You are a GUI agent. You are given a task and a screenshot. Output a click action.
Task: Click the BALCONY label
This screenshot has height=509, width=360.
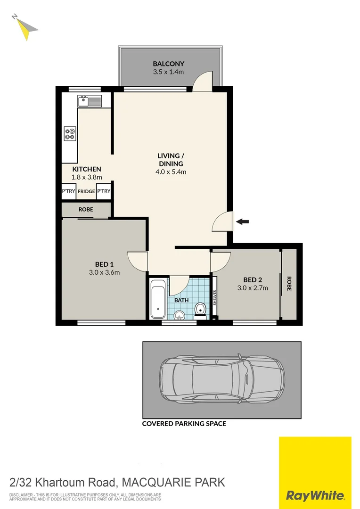[168, 64]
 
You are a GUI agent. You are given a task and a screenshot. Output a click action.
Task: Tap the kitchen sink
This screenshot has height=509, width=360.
[89, 100]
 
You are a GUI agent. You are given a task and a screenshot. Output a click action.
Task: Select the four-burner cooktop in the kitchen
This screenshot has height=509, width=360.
[70, 134]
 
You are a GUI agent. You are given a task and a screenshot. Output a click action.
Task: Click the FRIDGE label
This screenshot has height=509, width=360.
[86, 191]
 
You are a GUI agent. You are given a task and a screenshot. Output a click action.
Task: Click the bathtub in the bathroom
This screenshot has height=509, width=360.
[158, 298]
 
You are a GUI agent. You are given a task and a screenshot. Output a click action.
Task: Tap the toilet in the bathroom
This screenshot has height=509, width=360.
[200, 310]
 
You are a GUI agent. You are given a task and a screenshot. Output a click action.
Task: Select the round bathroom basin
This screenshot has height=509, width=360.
[179, 315]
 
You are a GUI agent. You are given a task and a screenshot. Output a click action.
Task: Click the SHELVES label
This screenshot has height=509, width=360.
[215, 298]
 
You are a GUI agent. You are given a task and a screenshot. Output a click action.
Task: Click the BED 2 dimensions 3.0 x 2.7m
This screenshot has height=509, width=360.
[252, 288]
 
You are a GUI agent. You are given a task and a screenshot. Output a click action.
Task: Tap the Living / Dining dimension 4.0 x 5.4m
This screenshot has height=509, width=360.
[171, 172]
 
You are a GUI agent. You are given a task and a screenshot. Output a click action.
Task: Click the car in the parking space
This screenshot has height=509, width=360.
[222, 380]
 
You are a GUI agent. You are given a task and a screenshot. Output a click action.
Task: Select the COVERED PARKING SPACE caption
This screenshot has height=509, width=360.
[184, 424]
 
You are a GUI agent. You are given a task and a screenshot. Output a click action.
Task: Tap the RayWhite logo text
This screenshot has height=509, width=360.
[315, 495]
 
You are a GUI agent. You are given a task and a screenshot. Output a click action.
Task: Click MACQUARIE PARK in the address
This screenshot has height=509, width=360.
[173, 483]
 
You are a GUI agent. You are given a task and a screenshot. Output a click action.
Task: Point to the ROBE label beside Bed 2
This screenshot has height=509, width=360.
[288, 283]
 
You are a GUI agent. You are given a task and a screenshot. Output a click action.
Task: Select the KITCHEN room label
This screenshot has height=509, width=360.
[86, 169]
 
